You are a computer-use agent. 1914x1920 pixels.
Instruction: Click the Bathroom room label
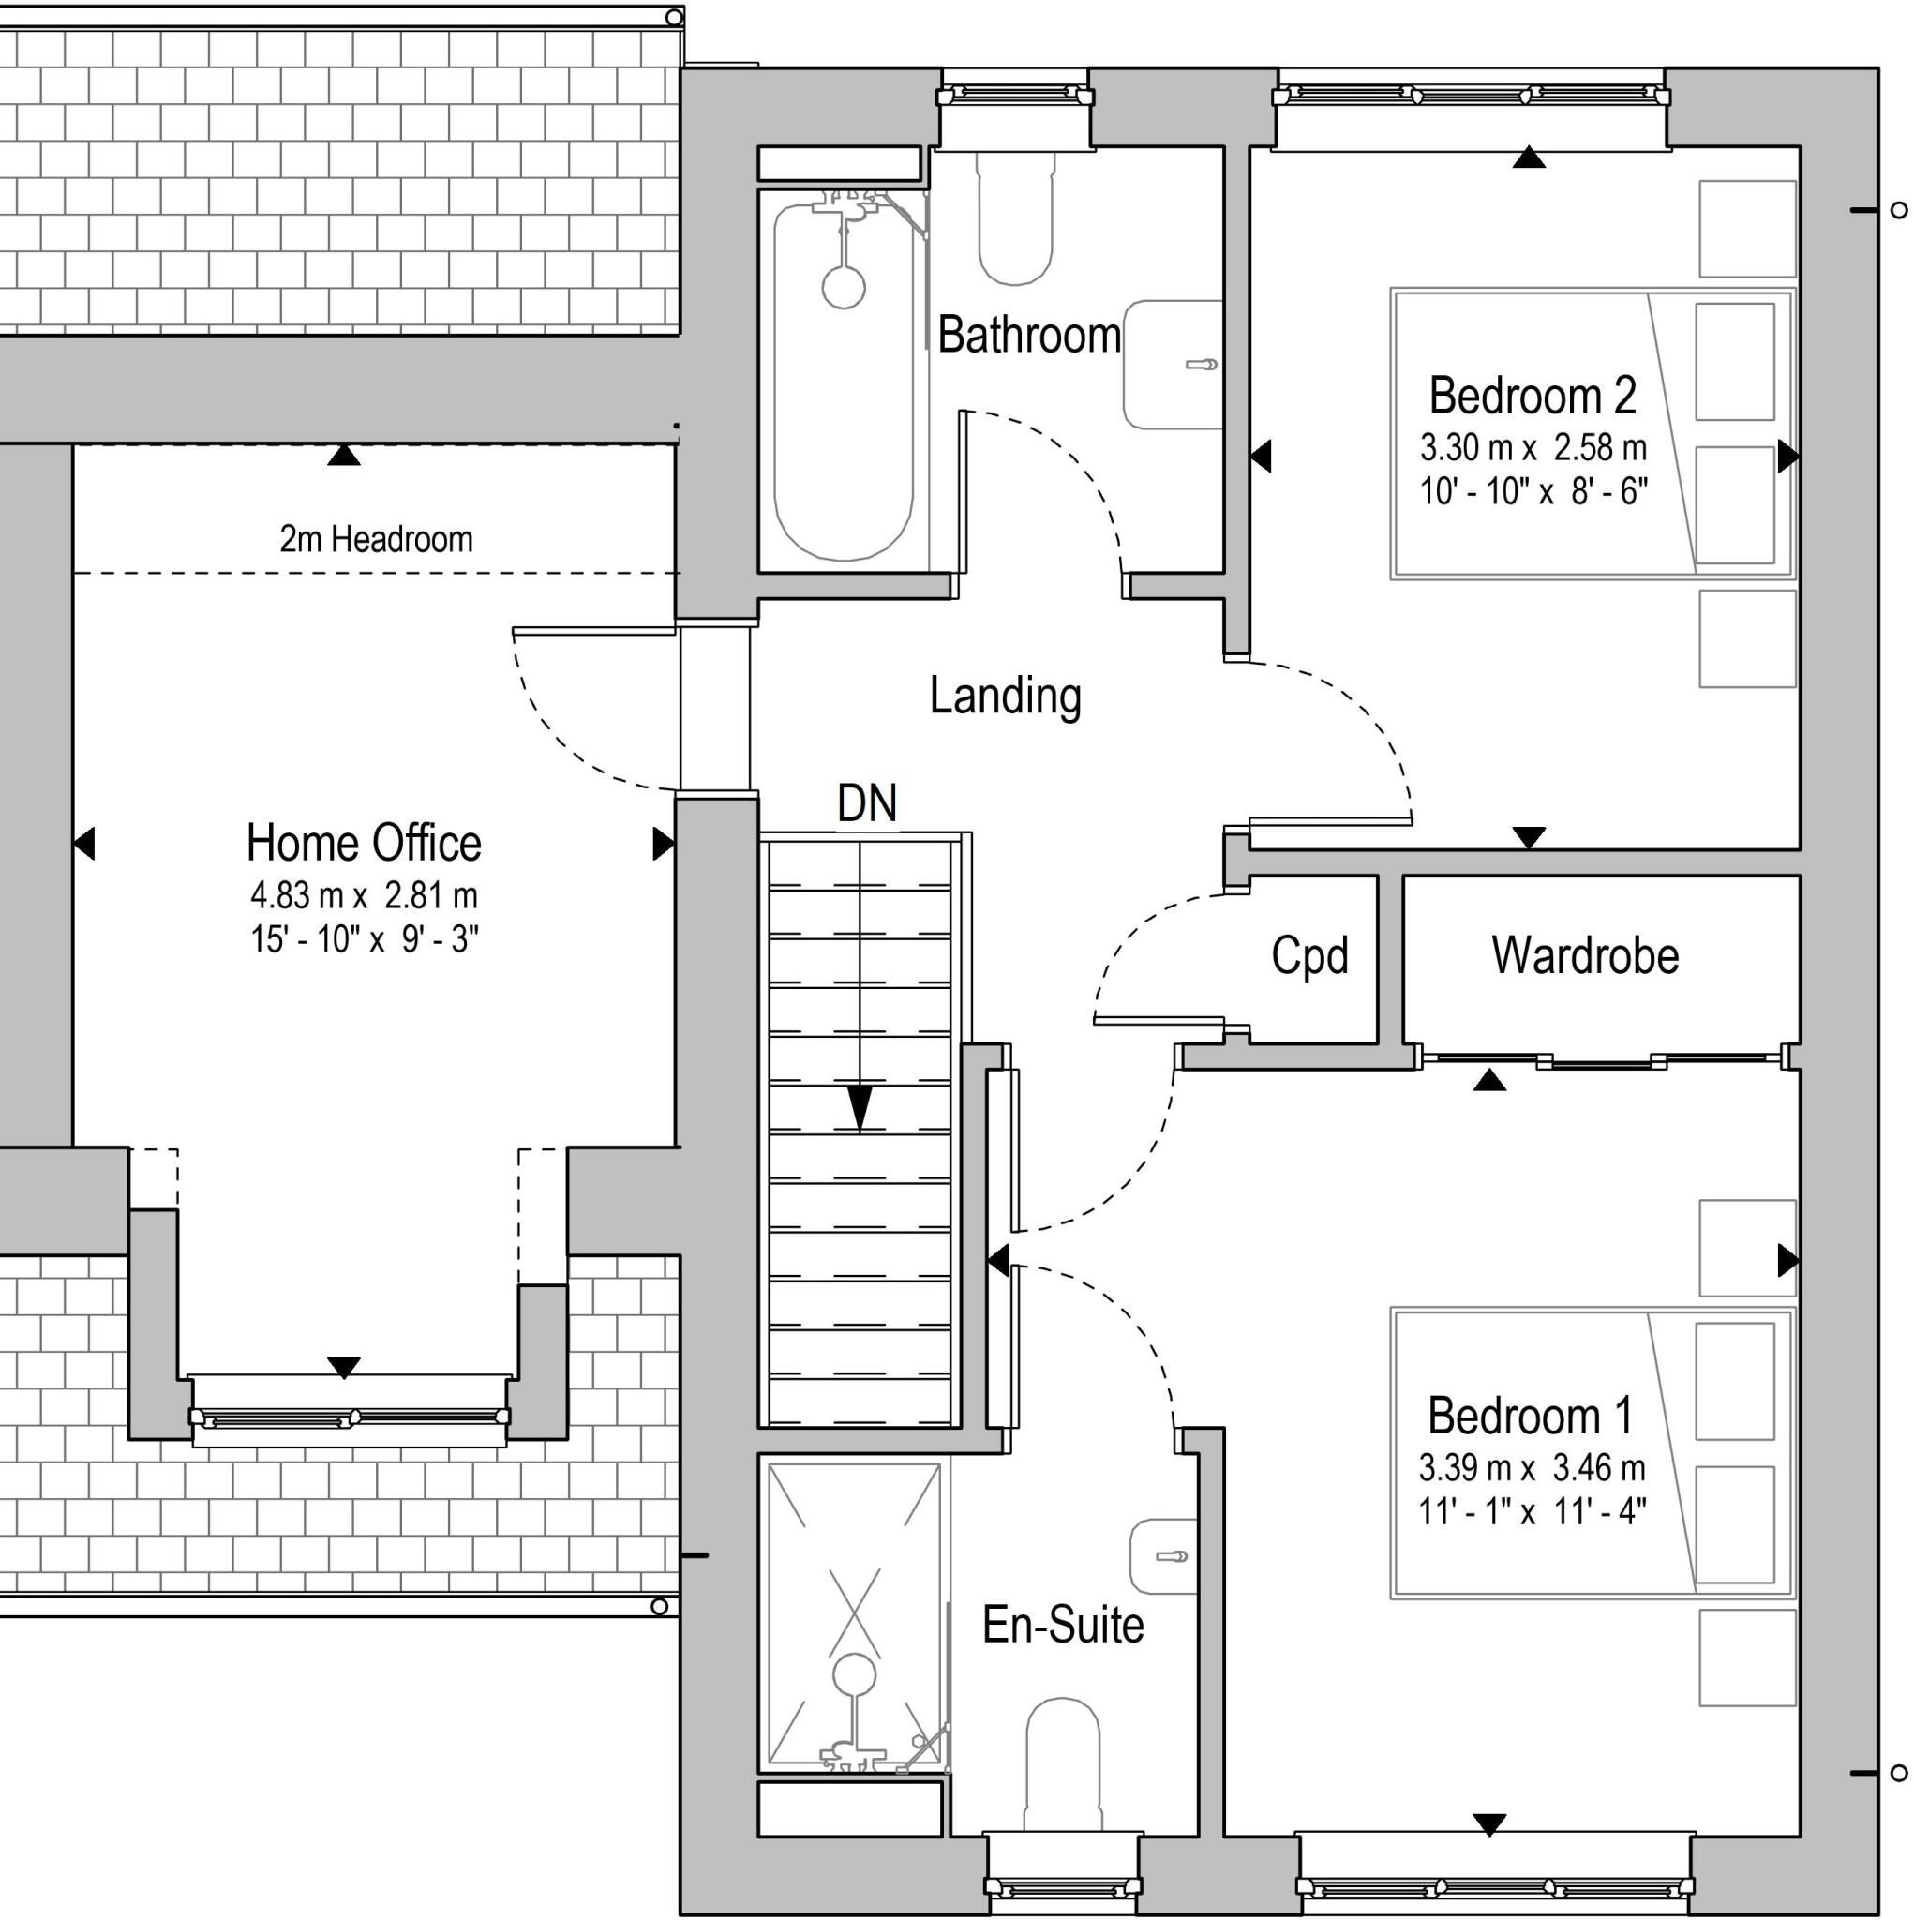1028,335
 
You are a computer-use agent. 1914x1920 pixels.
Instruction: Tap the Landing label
1005,696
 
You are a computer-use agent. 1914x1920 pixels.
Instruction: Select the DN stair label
867,803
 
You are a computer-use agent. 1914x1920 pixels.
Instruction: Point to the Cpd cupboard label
1308,956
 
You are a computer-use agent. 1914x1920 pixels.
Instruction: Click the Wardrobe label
1584,956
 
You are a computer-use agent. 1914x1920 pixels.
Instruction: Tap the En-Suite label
1062,1625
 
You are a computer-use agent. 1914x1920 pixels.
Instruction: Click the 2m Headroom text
376,540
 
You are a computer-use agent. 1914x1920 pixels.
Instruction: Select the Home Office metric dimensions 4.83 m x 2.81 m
364,895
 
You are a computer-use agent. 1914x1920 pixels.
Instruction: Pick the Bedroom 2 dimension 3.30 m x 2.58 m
1533,448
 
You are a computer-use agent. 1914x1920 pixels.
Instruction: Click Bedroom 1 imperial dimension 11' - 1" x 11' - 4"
1532,1511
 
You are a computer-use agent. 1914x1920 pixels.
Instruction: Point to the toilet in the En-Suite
1062,1764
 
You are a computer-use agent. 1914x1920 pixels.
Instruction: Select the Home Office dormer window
349,1417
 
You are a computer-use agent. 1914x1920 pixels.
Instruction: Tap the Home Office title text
364,843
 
